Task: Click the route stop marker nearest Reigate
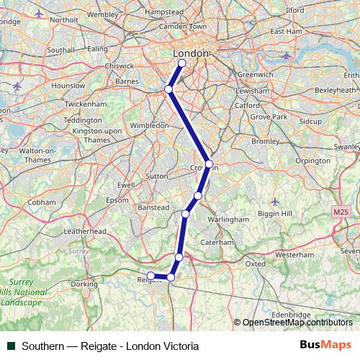click(151, 276)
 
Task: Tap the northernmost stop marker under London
click(181, 63)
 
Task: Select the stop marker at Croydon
click(209, 164)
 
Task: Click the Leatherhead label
click(85, 232)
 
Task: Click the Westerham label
click(294, 255)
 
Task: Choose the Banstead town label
click(153, 207)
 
